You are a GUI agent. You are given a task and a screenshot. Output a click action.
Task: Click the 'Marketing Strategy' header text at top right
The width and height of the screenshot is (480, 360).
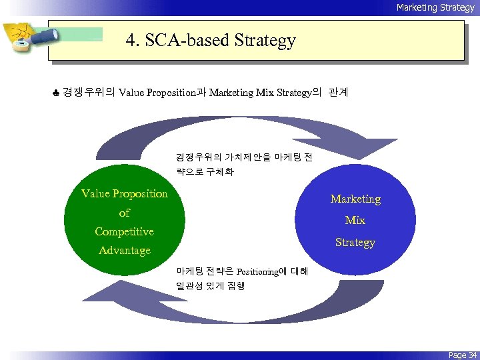[x=435, y=7]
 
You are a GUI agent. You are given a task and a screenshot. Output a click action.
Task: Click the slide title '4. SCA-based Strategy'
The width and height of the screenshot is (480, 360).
[x=211, y=41]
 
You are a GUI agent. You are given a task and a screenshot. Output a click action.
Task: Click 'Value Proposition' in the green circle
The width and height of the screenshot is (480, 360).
[x=125, y=193]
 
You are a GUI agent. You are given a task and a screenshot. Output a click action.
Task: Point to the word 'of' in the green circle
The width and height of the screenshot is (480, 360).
[x=124, y=213]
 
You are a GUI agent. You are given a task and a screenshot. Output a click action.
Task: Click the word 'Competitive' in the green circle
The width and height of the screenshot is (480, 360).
[x=124, y=231]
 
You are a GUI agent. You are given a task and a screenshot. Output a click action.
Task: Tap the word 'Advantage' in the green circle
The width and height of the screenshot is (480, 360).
[x=124, y=251]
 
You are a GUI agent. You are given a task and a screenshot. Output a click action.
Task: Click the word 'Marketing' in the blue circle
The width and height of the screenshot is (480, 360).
[x=355, y=199]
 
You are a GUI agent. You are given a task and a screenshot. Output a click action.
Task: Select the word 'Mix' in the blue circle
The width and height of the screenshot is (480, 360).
[x=355, y=220]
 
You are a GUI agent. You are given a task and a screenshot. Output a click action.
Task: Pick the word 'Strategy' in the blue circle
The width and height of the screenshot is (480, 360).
[x=355, y=242]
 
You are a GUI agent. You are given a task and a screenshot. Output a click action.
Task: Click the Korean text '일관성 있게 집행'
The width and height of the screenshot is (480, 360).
[x=210, y=285]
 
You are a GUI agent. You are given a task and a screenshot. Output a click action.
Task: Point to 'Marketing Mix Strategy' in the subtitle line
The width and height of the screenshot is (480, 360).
[x=260, y=93]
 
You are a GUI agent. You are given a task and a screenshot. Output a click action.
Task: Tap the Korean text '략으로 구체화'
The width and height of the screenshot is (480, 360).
[x=205, y=171]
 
